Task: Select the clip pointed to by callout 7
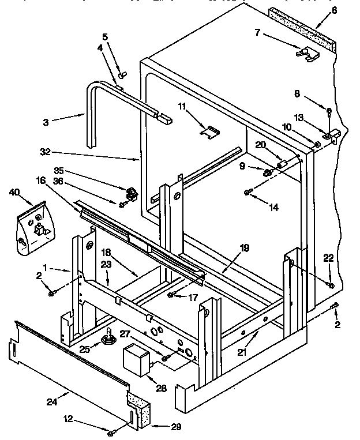308,53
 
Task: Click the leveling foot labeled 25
108,337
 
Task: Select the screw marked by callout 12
111,431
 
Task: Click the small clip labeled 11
209,132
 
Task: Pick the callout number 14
273,207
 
